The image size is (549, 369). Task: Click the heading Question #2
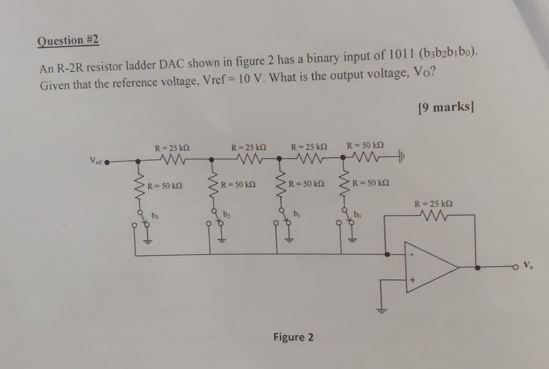point(68,41)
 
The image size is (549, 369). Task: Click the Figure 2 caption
point(293,337)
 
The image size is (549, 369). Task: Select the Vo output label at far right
point(527,266)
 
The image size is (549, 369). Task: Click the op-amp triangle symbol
point(430,267)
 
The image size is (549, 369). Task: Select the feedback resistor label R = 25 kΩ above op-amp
point(434,204)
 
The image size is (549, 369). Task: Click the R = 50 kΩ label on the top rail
point(365,145)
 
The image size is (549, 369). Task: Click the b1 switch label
point(296,213)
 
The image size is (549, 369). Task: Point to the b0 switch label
point(357,215)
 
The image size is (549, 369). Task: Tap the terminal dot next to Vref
point(108,161)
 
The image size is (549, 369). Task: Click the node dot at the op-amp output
point(478,267)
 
